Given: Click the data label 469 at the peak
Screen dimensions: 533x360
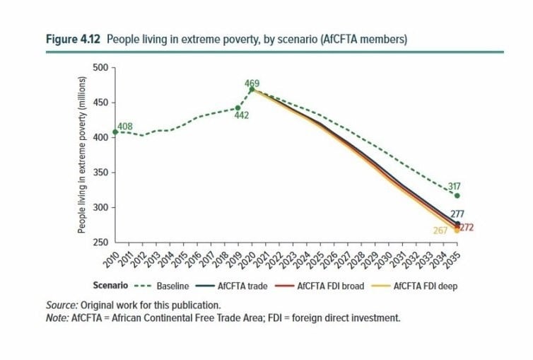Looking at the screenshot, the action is coord(252,83).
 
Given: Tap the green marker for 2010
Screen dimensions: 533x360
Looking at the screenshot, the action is coord(115,132).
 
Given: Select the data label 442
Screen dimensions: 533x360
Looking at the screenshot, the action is coord(241,115).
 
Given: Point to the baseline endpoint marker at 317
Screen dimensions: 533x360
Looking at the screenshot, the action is coord(457,196).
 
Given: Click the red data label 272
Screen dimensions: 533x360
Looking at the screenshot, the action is coord(467,228).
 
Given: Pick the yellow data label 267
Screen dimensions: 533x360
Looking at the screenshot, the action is coord(440,231).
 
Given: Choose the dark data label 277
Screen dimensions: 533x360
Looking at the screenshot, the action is coord(457,214).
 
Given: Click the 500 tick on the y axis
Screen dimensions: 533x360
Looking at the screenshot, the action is coord(100,68).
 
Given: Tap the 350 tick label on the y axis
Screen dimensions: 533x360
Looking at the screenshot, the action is coord(100,173).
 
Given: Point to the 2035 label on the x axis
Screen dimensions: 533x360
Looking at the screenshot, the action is coord(452,260).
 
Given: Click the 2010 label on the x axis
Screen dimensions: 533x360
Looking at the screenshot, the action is coord(111,260).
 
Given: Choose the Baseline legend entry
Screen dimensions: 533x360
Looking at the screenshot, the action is coord(161,286).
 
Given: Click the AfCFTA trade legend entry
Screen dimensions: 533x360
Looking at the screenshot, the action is coord(231,286).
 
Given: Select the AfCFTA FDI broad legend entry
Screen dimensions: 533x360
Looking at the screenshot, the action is coord(320,286).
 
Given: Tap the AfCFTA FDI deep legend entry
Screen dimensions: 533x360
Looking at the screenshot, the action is coord(415,286).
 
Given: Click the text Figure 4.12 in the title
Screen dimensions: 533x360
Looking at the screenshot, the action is coord(73,40).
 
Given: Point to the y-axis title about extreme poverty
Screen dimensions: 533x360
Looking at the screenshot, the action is coord(81,155).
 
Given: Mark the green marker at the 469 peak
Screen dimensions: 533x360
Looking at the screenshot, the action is coord(252,90).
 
